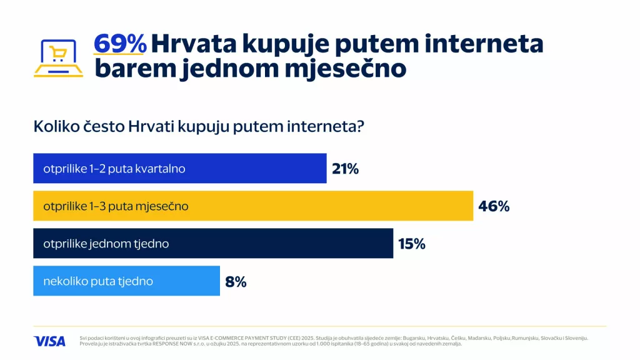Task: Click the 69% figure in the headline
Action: click(120, 44)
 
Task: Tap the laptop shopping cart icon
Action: click(58, 57)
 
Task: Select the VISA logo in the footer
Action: click(49, 341)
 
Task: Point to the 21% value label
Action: click(345, 169)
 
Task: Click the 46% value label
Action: click(494, 206)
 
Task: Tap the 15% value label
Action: click(411, 244)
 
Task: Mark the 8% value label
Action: click(236, 282)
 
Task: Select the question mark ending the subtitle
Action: click(361, 126)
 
